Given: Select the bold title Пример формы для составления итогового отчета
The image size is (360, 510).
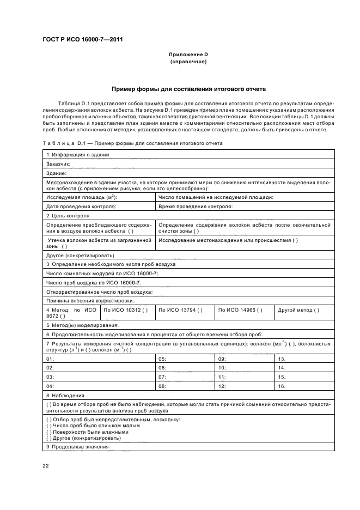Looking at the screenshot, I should click(x=188, y=88).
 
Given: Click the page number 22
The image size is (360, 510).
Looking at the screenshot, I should click(x=46, y=464).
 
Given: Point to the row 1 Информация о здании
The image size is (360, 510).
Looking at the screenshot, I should click(x=78, y=155).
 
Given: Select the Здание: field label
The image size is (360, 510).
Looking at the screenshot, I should click(x=56, y=173).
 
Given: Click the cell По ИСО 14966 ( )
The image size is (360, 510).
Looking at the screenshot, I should click(x=240, y=310).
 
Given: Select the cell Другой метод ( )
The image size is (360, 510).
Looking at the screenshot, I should click(x=298, y=310).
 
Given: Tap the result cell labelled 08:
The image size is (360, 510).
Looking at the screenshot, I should click(x=162, y=386).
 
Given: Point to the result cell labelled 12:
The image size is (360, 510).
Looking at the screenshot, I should click(x=222, y=386).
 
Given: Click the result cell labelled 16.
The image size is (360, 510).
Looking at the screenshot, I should click(x=282, y=386).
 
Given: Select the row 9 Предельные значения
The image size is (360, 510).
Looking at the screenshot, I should click(x=78, y=447).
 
